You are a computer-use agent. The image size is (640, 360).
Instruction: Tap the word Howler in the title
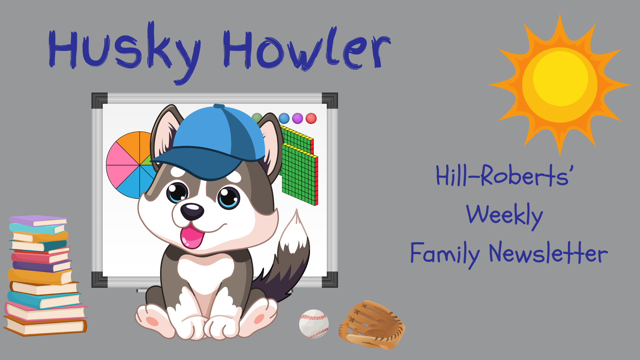click(307, 50)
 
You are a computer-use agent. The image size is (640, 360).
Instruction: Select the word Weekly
click(504, 215)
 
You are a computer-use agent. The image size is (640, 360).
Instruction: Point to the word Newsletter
click(548, 253)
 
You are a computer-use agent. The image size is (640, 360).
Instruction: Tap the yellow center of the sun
click(560, 80)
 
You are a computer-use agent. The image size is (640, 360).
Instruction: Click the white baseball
click(314, 324)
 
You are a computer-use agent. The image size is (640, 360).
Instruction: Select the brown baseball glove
click(372, 325)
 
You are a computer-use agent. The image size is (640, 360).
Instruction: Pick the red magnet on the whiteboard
click(311, 118)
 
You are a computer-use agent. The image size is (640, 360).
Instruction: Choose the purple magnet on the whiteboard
click(297, 118)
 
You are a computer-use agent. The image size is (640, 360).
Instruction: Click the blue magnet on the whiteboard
click(284, 118)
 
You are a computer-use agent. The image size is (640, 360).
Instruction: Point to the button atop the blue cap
click(219, 106)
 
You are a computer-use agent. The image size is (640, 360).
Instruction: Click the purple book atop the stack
click(38, 220)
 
